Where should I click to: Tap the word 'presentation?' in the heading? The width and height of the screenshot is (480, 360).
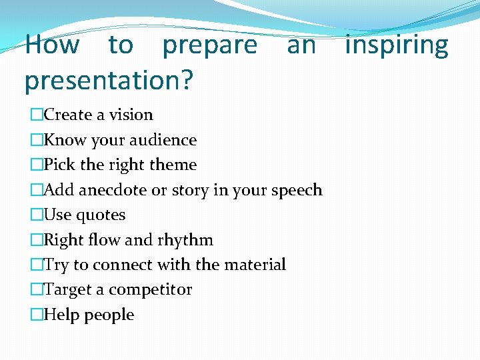(109, 81)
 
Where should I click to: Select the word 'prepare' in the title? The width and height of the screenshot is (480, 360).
(209, 47)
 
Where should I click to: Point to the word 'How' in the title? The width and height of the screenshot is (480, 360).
(52, 45)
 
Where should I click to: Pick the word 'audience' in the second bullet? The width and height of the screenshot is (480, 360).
(166, 140)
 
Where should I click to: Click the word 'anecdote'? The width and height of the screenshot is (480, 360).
(113, 190)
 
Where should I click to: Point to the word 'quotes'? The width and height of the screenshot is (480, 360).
(101, 215)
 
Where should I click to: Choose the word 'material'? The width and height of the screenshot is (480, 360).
(255, 265)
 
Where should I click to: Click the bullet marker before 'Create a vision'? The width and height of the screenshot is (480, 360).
(37, 115)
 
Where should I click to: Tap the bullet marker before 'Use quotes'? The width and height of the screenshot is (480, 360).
(37, 215)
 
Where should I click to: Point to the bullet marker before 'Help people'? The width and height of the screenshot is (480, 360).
(37, 315)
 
